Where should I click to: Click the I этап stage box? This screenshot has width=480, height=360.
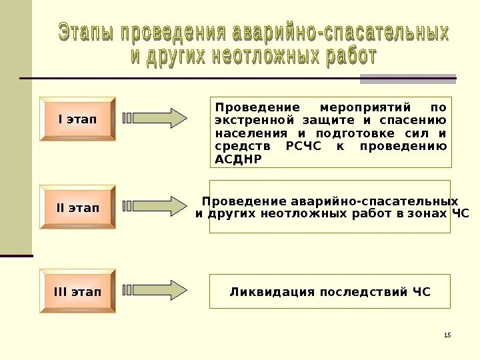click(x=77, y=119)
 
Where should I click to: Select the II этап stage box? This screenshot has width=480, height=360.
click(x=77, y=207)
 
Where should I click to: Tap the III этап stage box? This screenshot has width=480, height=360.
click(x=77, y=292)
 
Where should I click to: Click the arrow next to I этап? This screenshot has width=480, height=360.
click(x=157, y=118)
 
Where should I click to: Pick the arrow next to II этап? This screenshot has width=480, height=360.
click(x=157, y=206)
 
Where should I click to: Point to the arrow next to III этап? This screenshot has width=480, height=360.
click(x=157, y=290)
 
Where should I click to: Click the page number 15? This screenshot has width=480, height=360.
click(x=447, y=334)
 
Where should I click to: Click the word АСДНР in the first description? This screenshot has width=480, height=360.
click(x=239, y=159)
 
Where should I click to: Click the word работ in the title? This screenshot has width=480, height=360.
click(x=351, y=56)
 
